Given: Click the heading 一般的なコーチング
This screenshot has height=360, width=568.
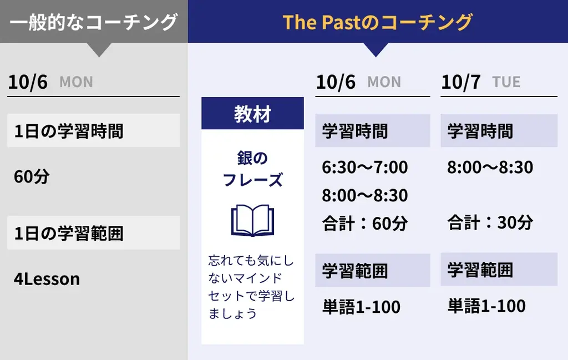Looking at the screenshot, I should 94,22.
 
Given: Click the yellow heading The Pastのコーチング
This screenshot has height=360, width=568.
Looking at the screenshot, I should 377,22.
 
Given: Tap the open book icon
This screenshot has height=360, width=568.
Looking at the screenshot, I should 252,220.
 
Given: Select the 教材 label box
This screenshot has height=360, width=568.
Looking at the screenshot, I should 252,114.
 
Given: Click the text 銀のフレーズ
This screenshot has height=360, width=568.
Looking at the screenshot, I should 252,169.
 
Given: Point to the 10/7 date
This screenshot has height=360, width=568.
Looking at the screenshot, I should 460,82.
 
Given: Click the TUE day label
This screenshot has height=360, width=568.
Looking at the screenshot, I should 506,82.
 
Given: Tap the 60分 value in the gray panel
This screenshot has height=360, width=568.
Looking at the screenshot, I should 32,177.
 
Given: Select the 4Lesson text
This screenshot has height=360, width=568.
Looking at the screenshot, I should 47,278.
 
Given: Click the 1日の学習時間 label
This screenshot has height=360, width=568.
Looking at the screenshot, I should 69,131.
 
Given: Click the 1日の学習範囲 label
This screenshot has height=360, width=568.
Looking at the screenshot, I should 69,233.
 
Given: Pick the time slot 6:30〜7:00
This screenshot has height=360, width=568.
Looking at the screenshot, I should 364,167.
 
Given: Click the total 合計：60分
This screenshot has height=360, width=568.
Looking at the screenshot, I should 364,224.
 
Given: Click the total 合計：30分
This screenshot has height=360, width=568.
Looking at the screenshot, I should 490,222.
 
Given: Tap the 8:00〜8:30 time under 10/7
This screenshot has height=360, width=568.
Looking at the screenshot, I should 490,167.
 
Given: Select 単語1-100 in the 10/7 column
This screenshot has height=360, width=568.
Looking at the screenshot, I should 486,306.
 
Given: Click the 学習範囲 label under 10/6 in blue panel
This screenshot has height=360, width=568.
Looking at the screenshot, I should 355,271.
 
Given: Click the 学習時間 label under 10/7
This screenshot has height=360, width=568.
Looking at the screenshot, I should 480,131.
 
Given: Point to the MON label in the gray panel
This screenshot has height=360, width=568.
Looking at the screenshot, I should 76,82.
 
